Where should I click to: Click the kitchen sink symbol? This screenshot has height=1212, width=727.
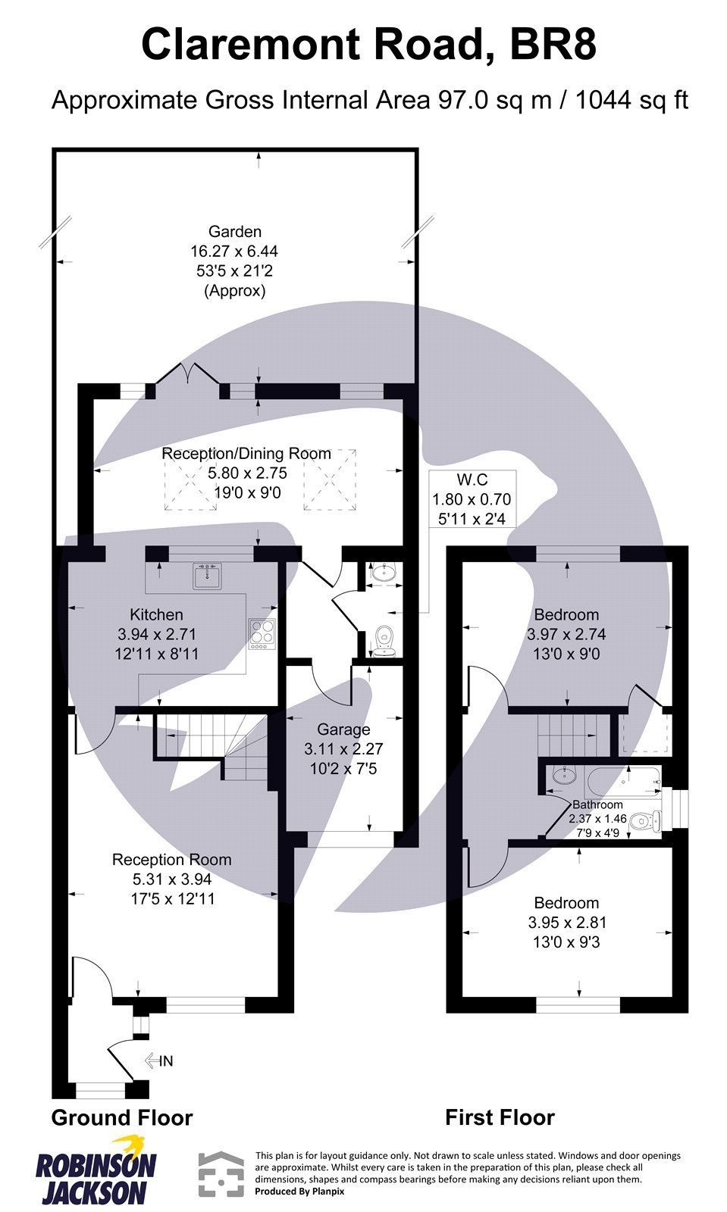(205, 576)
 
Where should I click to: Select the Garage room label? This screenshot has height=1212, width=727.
(343, 729)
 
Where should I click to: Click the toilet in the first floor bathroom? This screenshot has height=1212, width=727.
(646, 820)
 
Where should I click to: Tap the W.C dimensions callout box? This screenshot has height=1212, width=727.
(472, 499)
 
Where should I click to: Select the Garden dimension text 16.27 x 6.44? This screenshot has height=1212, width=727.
(234, 251)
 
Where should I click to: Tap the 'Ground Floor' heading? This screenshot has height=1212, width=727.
(122, 1117)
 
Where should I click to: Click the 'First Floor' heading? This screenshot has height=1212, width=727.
(500, 1117)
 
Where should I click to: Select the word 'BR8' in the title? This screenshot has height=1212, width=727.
(553, 45)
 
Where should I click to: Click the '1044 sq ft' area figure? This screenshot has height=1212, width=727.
(631, 101)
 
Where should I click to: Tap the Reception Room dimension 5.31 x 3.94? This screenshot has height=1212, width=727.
(171, 879)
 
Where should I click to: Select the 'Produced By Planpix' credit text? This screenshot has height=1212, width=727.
(299, 1192)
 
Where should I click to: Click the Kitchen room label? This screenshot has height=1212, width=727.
(156, 614)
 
